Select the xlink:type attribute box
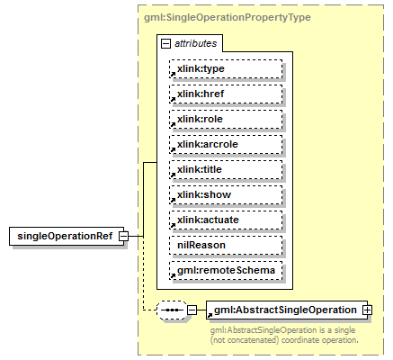pyautogui.click(x=226, y=68)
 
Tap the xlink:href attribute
pyautogui.click(x=226, y=94)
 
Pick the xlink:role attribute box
pyautogui.click(x=226, y=119)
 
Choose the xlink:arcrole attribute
pyautogui.click(x=226, y=144)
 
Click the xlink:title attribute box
pyautogui.click(x=226, y=169)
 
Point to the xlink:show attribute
pyautogui.click(x=226, y=194)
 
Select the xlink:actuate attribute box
pyautogui.click(x=226, y=220)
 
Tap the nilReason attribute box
pyautogui.click(x=226, y=245)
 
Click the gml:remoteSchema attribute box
pyautogui.click(x=226, y=270)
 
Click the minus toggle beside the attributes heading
pyautogui.click(x=165, y=43)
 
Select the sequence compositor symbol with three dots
pyautogui.click(x=171, y=310)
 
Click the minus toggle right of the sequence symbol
pyautogui.click(x=192, y=310)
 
